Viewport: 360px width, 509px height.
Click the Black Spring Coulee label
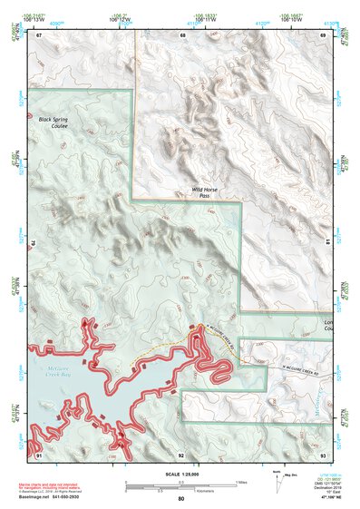54,122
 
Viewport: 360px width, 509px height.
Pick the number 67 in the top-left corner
40,35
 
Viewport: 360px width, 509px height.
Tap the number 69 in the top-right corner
323,35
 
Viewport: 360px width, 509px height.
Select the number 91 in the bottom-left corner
40,455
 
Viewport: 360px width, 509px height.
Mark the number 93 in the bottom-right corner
323,455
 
